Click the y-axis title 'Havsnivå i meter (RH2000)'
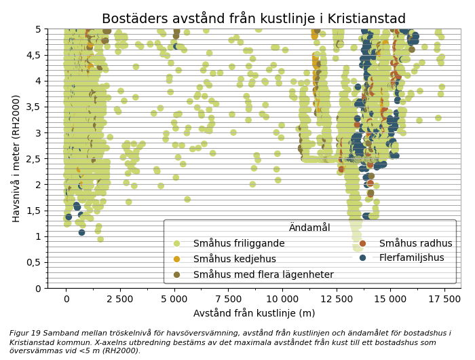point(17,158)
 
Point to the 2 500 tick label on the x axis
point(120,298)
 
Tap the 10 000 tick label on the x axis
point(282,298)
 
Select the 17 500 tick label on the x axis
point(444,298)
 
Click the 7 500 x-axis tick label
point(228,298)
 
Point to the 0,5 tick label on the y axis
point(33,262)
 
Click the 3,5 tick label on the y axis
point(33,107)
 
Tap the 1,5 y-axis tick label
point(33,211)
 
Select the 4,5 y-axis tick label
point(33,55)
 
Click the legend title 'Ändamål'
point(309,228)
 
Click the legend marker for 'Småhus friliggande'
point(177,243)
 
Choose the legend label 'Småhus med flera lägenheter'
point(263,274)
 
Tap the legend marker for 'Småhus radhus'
point(363,243)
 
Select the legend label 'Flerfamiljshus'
point(412,258)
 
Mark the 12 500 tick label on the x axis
point(337,298)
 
